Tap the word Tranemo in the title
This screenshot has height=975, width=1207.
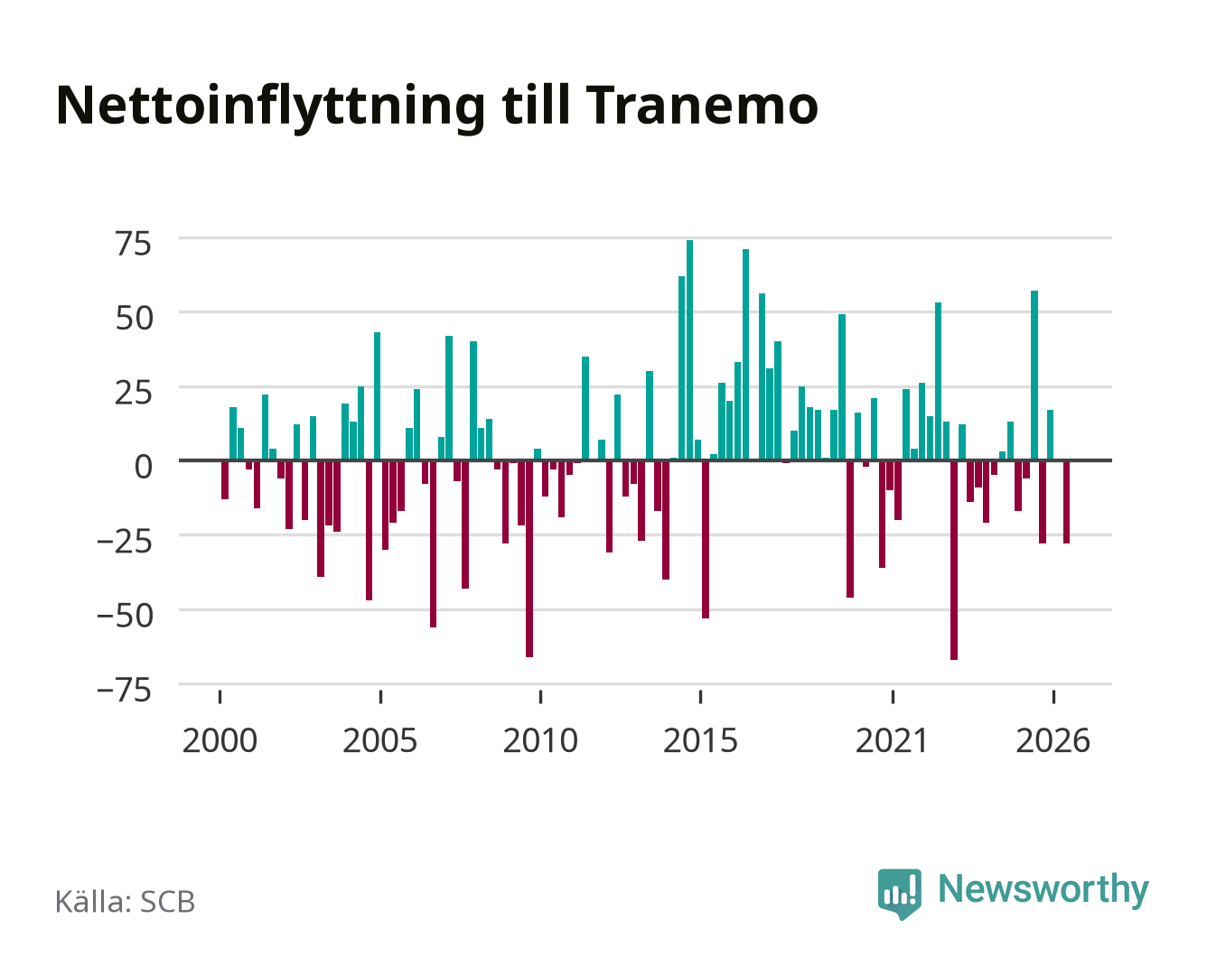coord(702,106)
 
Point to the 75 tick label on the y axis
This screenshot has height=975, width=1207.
coord(134,244)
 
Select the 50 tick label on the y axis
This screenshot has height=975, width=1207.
coord(134,318)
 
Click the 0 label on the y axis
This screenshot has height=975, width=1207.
coord(144,467)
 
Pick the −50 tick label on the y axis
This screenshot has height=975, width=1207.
coord(126,616)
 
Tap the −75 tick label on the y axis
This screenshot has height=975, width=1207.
coord(125,691)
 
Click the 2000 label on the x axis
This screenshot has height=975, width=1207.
coord(220,740)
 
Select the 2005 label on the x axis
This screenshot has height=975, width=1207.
coord(379,740)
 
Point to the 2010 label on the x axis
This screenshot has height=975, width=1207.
coord(540,740)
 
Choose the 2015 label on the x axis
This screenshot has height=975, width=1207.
coord(700,740)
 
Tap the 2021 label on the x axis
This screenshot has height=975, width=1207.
coord(892,740)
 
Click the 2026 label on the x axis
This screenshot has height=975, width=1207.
coord(1053,740)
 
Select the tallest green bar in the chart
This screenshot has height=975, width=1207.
coord(689,350)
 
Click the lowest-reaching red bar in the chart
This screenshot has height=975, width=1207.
coord(954,561)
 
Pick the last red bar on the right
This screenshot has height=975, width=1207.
coord(1066,502)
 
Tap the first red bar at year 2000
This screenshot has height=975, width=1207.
coord(225,480)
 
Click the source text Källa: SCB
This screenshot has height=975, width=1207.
coord(126,901)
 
